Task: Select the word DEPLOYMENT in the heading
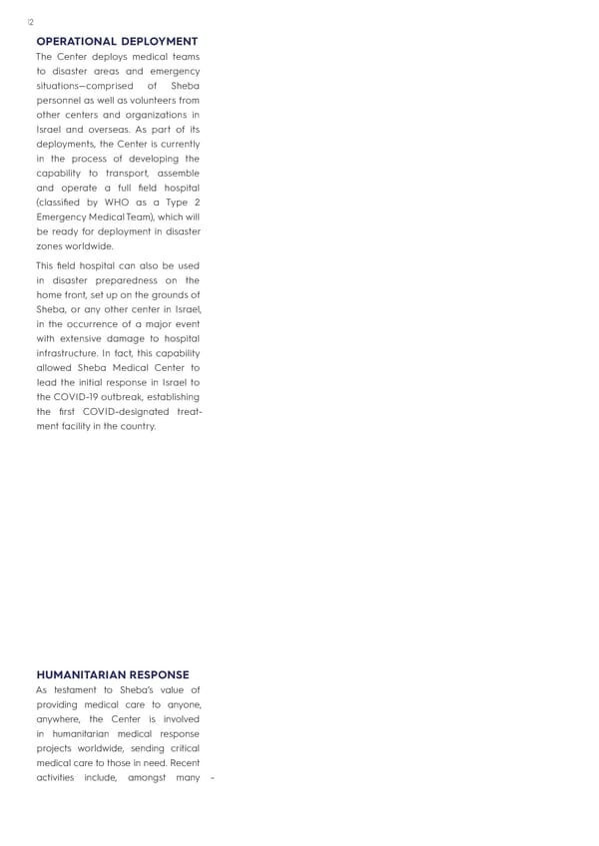[160, 41]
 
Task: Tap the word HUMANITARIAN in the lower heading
[82, 675]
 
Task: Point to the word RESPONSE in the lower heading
[160, 675]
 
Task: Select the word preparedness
[118, 280]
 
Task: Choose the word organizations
[152, 115]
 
